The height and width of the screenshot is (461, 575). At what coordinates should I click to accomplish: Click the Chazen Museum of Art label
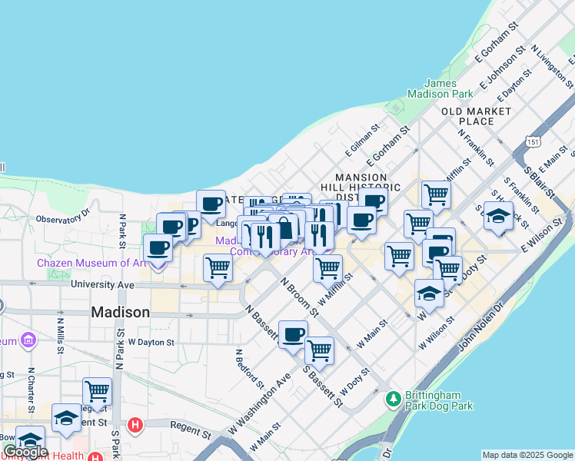click(x=91, y=263)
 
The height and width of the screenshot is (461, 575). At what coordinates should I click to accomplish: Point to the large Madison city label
click(x=120, y=313)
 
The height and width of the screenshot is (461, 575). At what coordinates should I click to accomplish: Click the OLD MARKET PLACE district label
click(x=477, y=116)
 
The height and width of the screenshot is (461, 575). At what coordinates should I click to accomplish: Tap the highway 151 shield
click(x=533, y=141)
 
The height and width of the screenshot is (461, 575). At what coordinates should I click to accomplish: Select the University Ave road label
click(x=102, y=285)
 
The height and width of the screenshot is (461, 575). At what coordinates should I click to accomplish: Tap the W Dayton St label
click(x=152, y=341)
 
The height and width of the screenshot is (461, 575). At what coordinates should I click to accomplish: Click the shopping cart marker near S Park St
click(x=98, y=391)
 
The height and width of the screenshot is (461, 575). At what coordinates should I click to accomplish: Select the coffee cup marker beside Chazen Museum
click(x=158, y=248)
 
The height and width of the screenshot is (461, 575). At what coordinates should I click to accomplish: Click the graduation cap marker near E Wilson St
click(x=498, y=215)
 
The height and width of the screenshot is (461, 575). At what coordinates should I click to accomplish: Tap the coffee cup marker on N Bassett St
click(x=293, y=334)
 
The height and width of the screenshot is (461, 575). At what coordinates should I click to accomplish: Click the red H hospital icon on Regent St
click(x=135, y=424)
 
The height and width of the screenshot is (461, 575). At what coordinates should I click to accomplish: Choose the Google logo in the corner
click(x=25, y=452)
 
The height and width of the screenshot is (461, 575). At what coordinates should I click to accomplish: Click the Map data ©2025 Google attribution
click(x=527, y=455)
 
